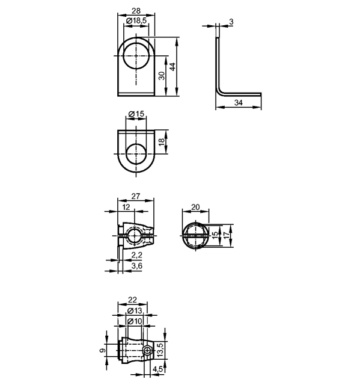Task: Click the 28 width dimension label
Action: [136, 11]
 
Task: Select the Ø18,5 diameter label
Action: [136, 20]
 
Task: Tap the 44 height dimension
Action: [172, 67]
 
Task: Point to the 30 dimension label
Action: [162, 76]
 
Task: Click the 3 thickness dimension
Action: [231, 22]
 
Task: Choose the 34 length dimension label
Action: [239, 103]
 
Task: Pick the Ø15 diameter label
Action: [136, 114]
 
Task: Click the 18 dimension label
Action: [162, 142]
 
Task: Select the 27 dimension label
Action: [136, 196]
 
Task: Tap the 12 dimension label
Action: [126, 207]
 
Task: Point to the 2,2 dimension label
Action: [136, 255]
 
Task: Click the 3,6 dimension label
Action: [136, 266]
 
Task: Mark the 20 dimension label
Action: [195, 207]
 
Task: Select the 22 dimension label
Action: [132, 300]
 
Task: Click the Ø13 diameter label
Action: [135, 310]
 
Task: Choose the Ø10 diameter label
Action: [135, 321]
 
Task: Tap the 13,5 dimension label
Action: [160, 350]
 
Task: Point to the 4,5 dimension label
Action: [157, 369]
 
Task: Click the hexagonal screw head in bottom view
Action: [147, 351]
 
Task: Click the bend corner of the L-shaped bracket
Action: [219, 91]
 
